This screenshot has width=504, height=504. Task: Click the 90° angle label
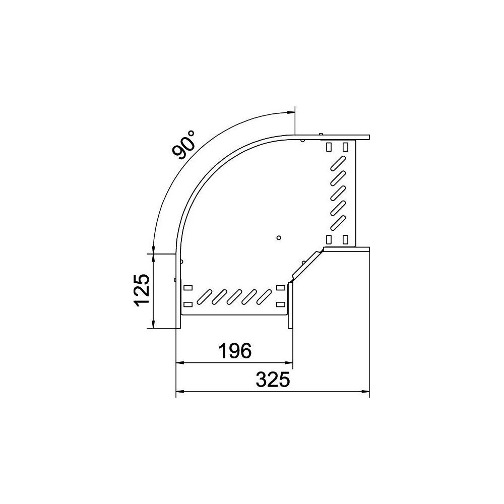(183, 145)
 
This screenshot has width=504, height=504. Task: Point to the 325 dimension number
(273, 380)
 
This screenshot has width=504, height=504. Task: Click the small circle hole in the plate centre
(279, 237)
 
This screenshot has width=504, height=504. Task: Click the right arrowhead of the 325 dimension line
(365, 392)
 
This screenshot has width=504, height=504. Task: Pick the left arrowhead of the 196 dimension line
(180, 362)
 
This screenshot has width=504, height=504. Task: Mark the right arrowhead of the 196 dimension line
(289, 362)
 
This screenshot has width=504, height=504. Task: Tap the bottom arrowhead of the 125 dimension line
(154, 324)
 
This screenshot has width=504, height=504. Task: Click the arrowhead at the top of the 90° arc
(291, 112)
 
